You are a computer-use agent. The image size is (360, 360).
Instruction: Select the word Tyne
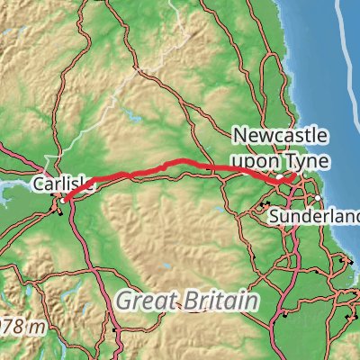309,161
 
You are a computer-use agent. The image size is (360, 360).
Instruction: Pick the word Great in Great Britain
145,300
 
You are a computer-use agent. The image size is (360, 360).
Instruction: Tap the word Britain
215,300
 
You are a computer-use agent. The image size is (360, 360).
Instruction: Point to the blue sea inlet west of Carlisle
13,191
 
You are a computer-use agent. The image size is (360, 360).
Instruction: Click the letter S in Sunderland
274,217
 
